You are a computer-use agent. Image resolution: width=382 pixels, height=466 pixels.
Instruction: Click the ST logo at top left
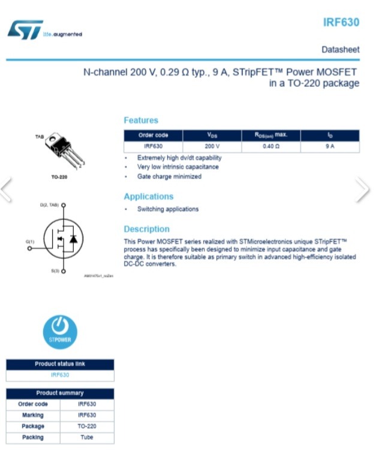tap(25, 29)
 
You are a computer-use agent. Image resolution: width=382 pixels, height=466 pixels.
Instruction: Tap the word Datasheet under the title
tap(340, 49)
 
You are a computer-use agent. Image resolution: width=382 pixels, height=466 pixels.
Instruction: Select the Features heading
tap(141, 120)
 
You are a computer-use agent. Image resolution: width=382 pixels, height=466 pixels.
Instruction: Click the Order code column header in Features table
tap(153, 135)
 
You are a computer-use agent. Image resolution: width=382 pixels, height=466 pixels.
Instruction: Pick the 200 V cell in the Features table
tap(212, 146)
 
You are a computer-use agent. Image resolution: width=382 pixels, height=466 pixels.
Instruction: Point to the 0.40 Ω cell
tap(271, 146)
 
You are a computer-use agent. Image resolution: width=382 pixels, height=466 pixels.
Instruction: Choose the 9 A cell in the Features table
tap(330, 146)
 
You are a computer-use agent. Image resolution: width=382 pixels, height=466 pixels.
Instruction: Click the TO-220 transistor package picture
tap(64, 150)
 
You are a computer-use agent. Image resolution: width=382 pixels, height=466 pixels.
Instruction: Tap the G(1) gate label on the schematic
tap(30, 241)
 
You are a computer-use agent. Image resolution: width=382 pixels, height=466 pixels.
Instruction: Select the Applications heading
tap(148, 196)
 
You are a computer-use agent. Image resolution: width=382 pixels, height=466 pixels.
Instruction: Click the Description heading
tap(146, 229)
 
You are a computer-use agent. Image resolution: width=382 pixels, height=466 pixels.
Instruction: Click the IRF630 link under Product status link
tap(60, 375)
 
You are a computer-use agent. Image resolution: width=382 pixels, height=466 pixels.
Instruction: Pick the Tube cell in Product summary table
tap(87, 437)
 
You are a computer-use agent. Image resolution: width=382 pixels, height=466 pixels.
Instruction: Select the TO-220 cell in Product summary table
tap(87, 426)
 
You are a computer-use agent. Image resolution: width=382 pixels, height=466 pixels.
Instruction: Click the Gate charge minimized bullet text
tap(169, 177)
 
